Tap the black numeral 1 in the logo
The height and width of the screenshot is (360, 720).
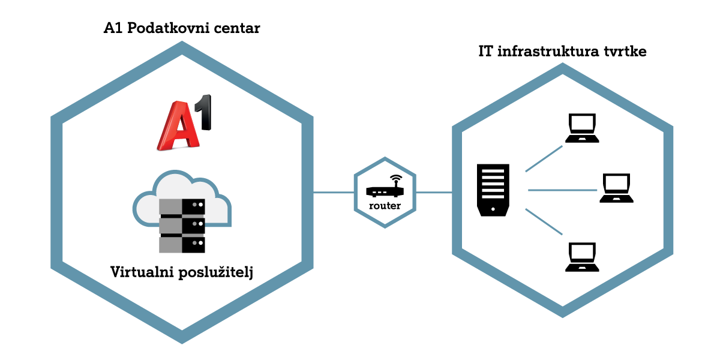205,116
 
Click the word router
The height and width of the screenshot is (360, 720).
385,206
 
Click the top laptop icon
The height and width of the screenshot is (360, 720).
581,128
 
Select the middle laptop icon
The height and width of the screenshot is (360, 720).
616,188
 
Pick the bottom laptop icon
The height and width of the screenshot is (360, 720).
581,257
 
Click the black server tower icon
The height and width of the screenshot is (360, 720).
493,190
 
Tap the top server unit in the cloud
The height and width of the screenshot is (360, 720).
182,206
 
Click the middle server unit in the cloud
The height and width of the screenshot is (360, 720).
182,226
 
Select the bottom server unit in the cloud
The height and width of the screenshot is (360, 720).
182,245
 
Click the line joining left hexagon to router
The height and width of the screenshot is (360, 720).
334,193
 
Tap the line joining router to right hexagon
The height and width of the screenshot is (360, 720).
434,193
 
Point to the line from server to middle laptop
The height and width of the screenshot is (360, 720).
562,190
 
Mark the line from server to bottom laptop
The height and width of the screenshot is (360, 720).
544,221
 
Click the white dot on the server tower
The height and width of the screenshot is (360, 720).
493,209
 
